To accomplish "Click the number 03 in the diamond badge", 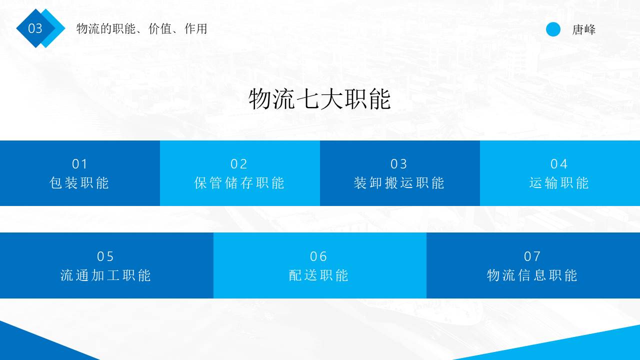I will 35,28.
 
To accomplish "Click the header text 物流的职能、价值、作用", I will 141,29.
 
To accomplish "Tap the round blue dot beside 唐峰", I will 553,29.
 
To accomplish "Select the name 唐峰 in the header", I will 584,29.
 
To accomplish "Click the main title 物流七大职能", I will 319,99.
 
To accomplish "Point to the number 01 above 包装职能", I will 80,164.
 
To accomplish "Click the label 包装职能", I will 79,183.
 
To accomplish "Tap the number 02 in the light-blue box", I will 239,164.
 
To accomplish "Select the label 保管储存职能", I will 239,183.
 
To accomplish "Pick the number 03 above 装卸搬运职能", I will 399,164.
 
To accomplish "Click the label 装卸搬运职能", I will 399,183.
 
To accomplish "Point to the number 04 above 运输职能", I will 559,164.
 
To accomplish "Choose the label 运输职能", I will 559,183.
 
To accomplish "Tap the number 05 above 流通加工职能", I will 106,256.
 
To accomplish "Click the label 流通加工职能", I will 106,275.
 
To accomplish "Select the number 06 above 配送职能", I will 319,256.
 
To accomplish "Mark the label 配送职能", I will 319,275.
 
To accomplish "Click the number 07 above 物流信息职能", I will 533,256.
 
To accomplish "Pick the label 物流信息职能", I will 532,275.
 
